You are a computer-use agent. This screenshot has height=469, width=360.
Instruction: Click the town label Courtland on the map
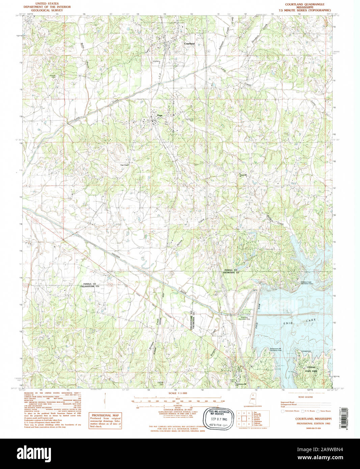[189, 44]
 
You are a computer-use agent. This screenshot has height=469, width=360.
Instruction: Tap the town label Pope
[160, 115]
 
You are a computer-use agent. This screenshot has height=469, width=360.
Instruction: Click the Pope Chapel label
[125, 165]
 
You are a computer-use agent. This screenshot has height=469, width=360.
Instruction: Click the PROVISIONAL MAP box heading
[105, 415]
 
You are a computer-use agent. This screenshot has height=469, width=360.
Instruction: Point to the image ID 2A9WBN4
[327, 449]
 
